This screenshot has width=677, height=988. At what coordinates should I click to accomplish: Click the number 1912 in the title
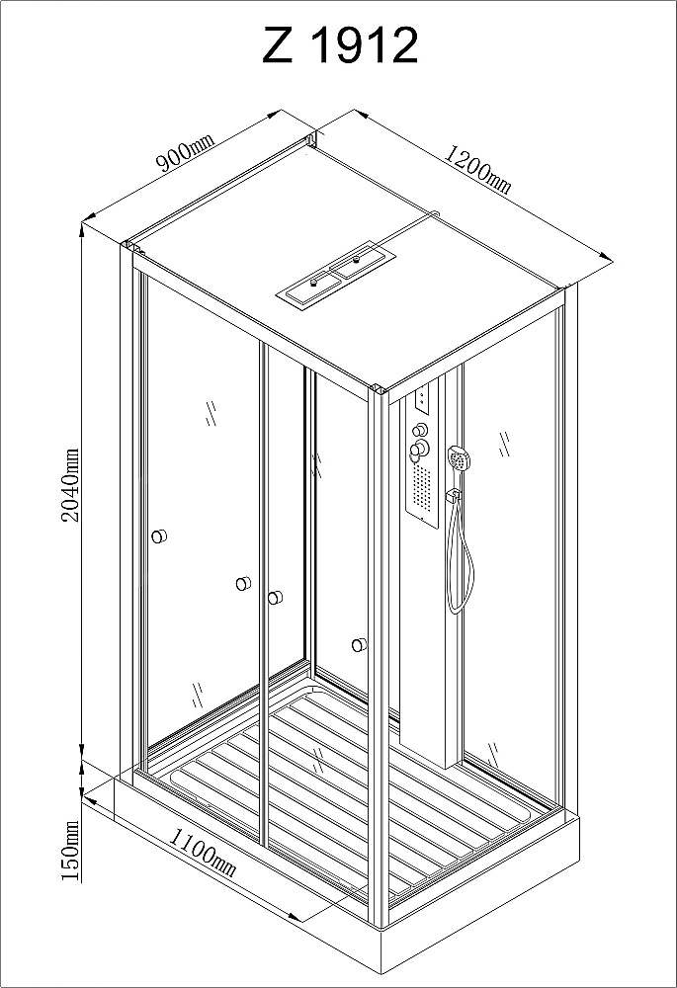click(x=365, y=45)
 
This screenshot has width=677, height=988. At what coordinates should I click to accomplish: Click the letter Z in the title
click(x=278, y=45)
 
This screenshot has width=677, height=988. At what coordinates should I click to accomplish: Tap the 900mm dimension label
click(x=186, y=153)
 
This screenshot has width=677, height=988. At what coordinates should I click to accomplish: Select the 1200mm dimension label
click(x=477, y=169)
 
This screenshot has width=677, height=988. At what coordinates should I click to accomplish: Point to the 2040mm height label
click(x=70, y=484)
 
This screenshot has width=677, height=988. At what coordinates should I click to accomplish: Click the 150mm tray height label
click(x=71, y=851)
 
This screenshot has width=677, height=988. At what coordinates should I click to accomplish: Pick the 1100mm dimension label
click(x=203, y=854)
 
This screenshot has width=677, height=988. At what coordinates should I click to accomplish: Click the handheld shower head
click(x=460, y=457)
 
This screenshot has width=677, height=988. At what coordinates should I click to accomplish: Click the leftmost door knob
click(x=159, y=536)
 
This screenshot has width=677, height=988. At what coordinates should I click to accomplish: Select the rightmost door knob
click(x=360, y=644)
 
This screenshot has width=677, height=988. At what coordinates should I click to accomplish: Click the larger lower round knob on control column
click(x=419, y=450)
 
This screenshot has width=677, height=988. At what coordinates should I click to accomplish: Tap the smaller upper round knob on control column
click(x=418, y=431)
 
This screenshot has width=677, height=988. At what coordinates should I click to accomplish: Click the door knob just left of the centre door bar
click(x=243, y=584)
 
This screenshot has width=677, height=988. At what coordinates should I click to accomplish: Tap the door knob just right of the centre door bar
click(x=275, y=598)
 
